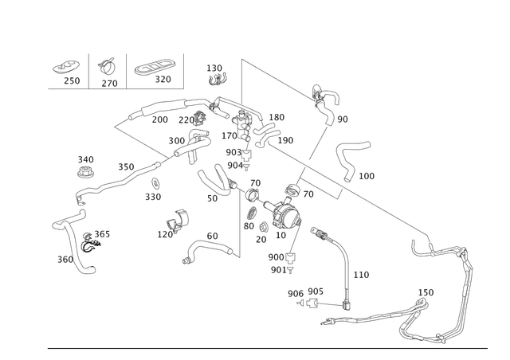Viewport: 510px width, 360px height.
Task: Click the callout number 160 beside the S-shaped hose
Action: [x=366, y=174]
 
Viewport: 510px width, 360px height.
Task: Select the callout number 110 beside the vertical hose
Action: [x=361, y=275]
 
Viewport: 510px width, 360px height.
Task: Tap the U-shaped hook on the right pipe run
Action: [x=418, y=249]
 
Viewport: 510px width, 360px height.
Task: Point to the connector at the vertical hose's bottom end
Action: [x=347, y=303]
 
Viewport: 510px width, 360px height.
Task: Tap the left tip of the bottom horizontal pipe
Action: [x=325, y=323]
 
